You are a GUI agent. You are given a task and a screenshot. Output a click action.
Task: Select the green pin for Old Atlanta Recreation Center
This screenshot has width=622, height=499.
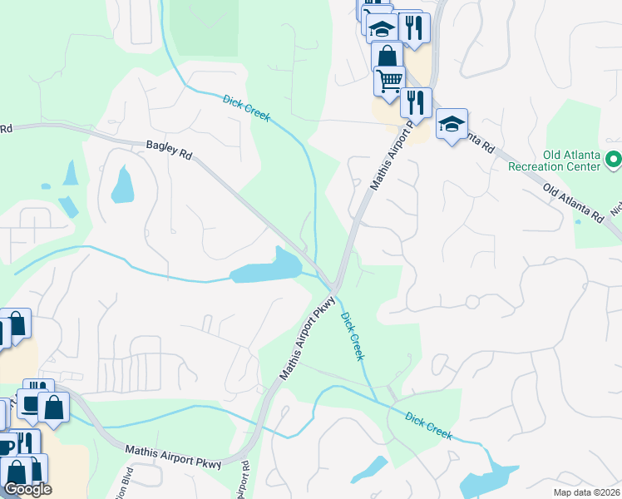click(x=614, y=158)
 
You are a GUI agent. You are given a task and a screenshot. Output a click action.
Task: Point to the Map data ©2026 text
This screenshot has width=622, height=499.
click(x=587, y=492)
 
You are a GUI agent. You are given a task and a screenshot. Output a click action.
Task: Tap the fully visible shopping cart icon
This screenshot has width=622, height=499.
click(x=389, y=80)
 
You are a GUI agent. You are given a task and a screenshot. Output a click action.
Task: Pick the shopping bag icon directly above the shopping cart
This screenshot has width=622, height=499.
click(x=387, y=57)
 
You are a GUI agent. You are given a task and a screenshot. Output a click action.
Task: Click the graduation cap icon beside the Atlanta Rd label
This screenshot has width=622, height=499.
click(x=451, y=124)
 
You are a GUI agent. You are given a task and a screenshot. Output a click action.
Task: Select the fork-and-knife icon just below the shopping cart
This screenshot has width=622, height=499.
click(x=416, y=101)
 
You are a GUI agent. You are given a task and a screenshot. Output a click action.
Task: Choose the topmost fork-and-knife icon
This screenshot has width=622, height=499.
click(x=412, y=26)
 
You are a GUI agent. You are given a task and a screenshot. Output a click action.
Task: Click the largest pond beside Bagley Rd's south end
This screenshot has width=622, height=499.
click(x=264, y=268)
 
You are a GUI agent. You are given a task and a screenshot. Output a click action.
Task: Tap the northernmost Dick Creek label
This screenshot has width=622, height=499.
click(x=246, y=109)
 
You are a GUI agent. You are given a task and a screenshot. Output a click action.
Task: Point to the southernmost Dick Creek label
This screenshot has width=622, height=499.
click(x=428, y=425)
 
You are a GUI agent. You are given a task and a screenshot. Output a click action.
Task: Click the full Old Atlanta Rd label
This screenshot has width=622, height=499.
click(x=573, y=202)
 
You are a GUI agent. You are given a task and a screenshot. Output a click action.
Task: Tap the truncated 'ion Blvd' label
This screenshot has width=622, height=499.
click(x=127, y=482)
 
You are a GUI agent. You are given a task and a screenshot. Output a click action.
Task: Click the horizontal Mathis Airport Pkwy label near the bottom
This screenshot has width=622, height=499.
click(x=174, y=458)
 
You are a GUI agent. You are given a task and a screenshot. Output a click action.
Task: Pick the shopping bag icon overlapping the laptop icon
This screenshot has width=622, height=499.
click(x=54, y=406)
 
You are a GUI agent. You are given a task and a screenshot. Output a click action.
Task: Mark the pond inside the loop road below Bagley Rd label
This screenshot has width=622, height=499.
click(x=122, y=185)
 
